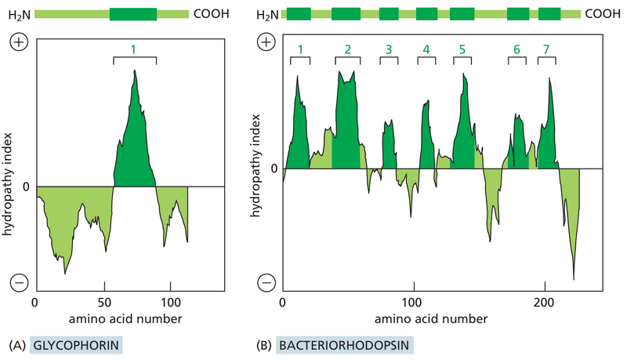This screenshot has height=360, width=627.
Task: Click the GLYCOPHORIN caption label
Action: [x=76, y=344]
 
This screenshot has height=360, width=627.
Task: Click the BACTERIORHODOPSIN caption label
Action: [x=342, y=344]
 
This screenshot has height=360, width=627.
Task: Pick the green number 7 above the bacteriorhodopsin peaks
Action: [x=546, y=50]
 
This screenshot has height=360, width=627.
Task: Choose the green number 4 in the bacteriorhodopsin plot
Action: [x=426, y=50]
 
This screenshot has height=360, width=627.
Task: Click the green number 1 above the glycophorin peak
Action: [x=134, y=49]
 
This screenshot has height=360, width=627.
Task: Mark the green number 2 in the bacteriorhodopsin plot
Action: [x=347, y=50]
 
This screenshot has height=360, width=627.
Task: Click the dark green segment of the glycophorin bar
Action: [x=133, y=14]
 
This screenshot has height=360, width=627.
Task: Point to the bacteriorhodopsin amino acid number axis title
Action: [x=430, y=319]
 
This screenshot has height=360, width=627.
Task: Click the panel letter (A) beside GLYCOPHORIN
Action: [x=15, y=344]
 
